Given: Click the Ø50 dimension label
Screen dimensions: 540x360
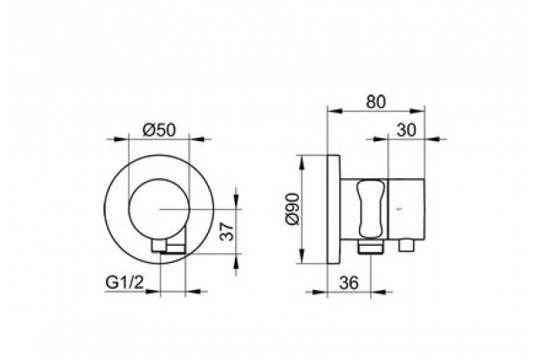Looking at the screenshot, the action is pyautogui.click(x=159, y=130).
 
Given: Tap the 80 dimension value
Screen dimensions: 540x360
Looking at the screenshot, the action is pyautogui.click(x=375, y=102).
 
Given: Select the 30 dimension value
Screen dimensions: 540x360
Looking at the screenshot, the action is pyautogui.click(x=407, y=130).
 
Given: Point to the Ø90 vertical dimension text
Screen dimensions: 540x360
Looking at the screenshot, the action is pyautogui.click(x=293, y=209).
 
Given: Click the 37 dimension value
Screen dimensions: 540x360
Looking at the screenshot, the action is pyautogui.click(x=228, y=230).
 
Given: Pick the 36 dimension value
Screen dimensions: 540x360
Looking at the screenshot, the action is pyautogui.click(x=348, y=283).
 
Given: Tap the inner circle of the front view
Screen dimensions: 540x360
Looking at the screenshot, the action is pyautogui.click(x=129, y=209).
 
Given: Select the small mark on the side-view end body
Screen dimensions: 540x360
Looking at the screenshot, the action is pyautogui.click(x=400, y=209).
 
